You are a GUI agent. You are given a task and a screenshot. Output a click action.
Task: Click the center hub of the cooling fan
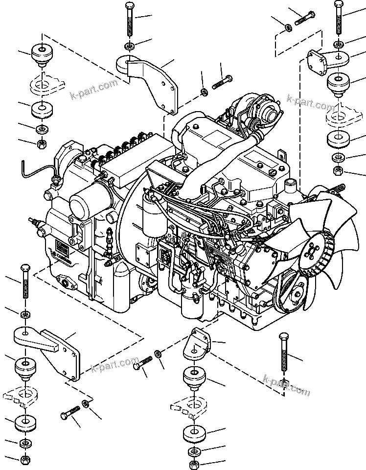[312, 251]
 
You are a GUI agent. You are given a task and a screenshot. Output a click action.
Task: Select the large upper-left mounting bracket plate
[152, 83]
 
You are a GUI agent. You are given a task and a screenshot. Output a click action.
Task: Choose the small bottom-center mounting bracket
[198, 345]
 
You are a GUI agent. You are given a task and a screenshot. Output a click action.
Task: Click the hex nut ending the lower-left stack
[24, 460]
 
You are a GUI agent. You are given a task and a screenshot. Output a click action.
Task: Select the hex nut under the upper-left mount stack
[42, 144]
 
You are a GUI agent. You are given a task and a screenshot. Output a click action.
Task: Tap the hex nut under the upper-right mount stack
[338, 171]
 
